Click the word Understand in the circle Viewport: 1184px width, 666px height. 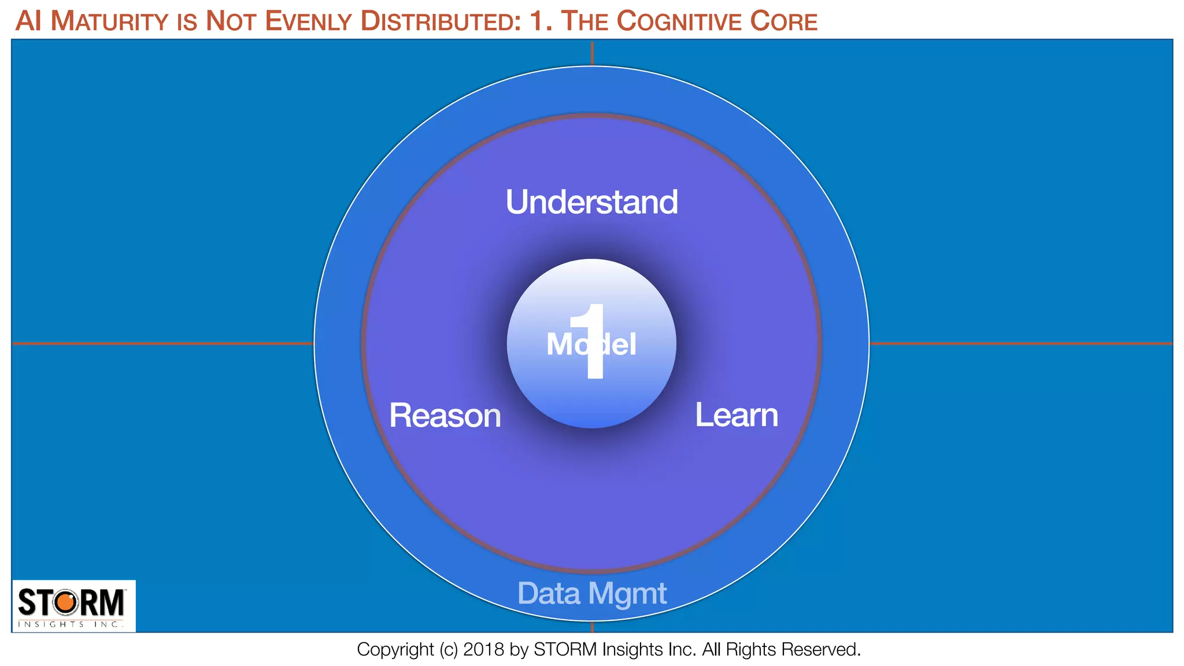(x=591, y=202)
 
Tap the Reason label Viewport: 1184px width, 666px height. (x=445, y=416)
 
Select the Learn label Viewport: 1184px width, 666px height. (x=736, y=415)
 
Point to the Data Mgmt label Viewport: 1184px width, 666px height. (x=591, y=594)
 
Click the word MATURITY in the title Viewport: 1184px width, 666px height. (x=109, y=22)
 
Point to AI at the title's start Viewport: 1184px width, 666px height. (x=28, y=22)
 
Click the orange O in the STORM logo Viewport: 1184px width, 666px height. (x=65, y=602)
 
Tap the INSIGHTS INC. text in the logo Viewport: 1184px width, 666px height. (x=71, y=624)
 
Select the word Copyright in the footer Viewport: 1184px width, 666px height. (x=395, y=650)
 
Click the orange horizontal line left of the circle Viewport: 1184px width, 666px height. (x=162, y=343)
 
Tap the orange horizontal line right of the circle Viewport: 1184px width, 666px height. (x=1020, y=343)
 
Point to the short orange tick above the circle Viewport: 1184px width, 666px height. (x=592, y=53)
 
